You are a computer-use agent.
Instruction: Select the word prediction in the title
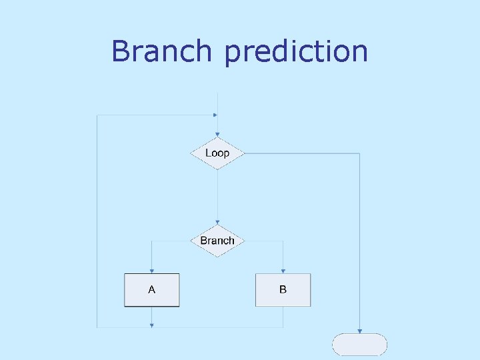click(x=296, y=52)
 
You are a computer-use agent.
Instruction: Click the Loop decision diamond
click(x=217, y=153)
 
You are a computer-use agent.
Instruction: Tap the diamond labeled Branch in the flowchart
click(x=217, y=241)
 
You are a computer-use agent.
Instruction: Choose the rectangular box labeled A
click(x=152, y=290)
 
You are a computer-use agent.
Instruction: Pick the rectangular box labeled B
click(x=283, y=290)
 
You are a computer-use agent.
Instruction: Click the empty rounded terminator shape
click(x=360, y=345)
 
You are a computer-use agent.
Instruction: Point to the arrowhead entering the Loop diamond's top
click(x=217, y=134)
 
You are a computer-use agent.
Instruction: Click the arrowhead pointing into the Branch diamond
click(x=217, y=222)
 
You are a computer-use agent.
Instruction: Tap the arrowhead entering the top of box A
click(x=152, y=270)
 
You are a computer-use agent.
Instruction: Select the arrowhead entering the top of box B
click(x=283, y=270)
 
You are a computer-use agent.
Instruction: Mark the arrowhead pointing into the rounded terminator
click(x=360, y=331)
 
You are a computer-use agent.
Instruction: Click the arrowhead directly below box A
click(x=152, y=325)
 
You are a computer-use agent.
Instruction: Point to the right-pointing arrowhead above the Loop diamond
click(x=215, y=115)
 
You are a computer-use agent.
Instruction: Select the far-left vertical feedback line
click(x=97, y=220)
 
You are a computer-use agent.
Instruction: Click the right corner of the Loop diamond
click(x=244, y=153)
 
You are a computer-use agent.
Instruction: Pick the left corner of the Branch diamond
click(x=191, y=241)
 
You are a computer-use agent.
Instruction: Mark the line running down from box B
click(x=283, y=317)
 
